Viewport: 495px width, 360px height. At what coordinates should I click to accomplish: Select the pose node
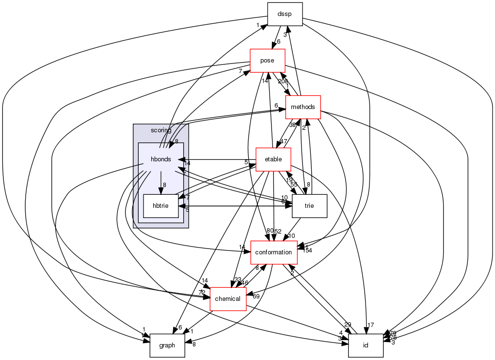click(x=267, y=61)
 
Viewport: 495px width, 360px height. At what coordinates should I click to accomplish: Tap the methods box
click(x=303, y=107)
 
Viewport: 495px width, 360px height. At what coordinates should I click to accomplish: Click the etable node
click(x=273, y=159)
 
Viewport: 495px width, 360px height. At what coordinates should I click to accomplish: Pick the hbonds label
click(x=161, y=159)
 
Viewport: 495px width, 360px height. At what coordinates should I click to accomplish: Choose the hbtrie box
click(x=161, y=205)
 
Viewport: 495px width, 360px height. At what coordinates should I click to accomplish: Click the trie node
click(x=309, y=205)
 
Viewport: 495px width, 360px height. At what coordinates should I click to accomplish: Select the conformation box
click(x=273, y=252)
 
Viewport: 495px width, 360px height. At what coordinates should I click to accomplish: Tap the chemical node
click(x=227, y=298)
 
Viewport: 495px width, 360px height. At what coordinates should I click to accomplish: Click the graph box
click(x=167, y=345)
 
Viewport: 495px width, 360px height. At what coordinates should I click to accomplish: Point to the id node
click(x=366, y=345)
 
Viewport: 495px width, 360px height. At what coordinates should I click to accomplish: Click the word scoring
click(x=161, y=131)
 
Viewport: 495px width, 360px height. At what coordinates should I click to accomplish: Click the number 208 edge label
click(x=283, y=81)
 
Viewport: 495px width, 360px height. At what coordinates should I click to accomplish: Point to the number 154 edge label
click(x=307, y=250)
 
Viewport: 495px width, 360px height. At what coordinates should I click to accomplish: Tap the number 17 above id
click(x=371, y=325)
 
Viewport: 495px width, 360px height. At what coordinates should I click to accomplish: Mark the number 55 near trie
click(x=294, y=185)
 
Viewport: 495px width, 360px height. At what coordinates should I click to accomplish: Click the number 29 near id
click(x=348, y=324)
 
